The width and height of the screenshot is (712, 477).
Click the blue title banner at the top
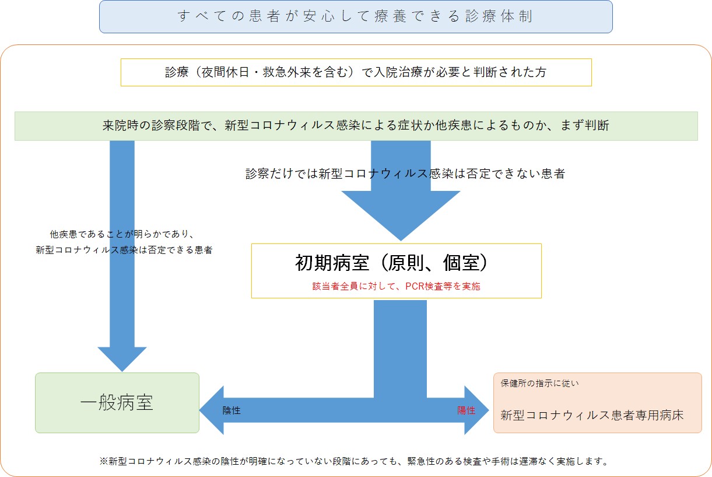[356, 16]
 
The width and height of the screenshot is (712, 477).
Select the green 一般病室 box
[117, 402]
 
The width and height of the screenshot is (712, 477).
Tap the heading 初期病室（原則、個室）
[391, 263]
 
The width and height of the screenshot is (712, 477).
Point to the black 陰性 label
[232, 410]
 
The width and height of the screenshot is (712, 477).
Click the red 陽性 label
[467, 410]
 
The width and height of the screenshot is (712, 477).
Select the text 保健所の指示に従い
[540, 383]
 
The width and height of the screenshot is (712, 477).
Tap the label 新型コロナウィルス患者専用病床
[592, 415]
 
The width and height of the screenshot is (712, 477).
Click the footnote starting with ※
[354, 461]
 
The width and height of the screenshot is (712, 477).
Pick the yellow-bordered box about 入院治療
[356, 72]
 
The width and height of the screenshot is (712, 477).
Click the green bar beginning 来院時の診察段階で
[356, 126]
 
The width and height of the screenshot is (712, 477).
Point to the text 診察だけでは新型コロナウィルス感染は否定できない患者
[405, 174]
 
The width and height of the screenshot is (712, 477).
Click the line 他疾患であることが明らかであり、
[122, 234]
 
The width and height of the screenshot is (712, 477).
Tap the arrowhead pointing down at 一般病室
[122, 359]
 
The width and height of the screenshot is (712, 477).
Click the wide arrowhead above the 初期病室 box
[401, 215]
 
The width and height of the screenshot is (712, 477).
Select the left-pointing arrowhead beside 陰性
[212, 410]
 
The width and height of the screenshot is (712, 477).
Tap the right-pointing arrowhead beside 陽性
[476, 410]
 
